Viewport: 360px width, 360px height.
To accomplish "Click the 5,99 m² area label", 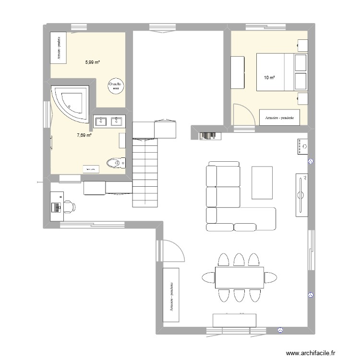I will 92,62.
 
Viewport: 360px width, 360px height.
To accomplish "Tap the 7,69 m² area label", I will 84,135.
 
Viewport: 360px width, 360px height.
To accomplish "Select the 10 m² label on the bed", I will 269,77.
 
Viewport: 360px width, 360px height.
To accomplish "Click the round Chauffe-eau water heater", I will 116,85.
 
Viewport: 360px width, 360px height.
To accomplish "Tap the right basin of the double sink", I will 116,122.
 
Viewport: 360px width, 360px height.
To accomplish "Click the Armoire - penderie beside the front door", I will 171,295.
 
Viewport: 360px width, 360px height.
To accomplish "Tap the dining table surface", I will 239,277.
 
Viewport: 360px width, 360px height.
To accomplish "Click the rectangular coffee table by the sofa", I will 262,182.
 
